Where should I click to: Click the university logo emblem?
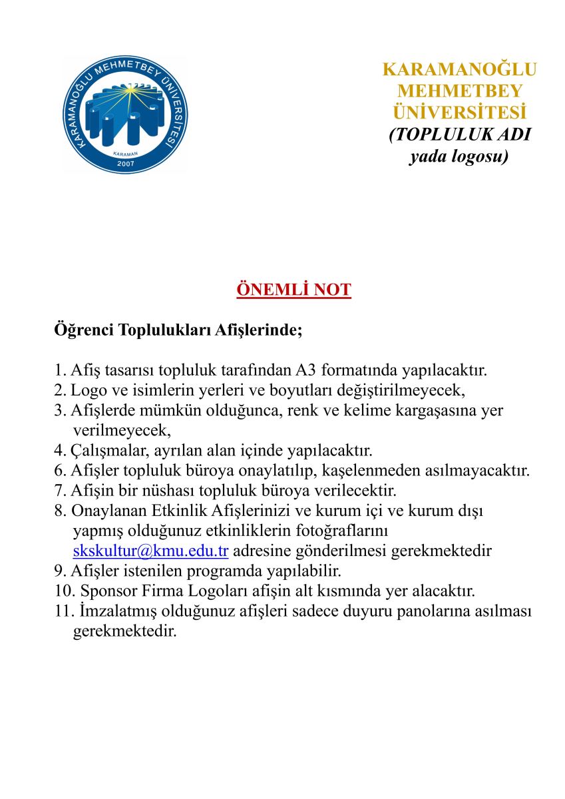(124, 115)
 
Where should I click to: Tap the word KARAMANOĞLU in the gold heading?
(459, 70)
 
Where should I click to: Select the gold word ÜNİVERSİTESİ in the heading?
(459, 111)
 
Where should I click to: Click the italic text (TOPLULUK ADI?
(459, 134)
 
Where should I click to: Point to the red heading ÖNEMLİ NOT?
(293, 290)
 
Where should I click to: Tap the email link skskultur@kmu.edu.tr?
(151, 551)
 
